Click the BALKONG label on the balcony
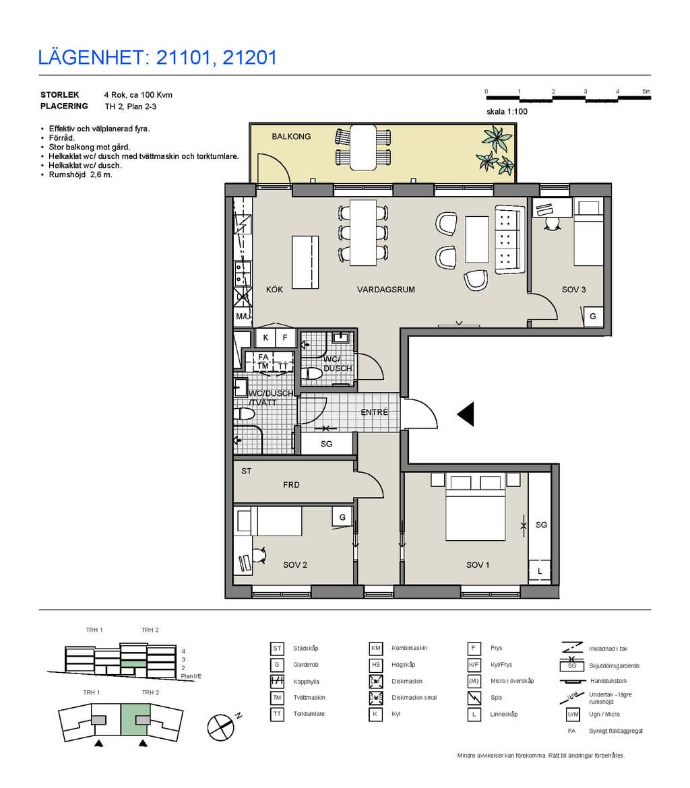291,136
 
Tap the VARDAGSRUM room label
385,290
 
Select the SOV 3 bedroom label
574,290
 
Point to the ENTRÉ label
375,412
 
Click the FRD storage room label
291,485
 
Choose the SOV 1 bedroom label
478,565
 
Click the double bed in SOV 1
475,506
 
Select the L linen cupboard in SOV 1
540,571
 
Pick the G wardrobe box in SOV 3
593,316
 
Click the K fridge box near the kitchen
265,337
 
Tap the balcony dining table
363,147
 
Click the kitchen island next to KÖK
305,262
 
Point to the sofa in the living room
509,239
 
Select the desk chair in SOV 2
259,555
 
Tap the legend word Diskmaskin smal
414,698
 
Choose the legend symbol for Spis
474,698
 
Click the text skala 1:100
507,112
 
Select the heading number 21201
249,58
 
